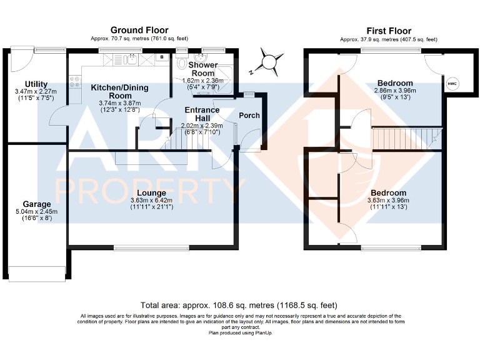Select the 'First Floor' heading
(388, 30)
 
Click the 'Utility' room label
(36, 84)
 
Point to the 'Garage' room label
(37, 204)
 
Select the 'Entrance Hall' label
(201, 114)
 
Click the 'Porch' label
(249, 115)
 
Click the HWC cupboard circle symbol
(452, 84)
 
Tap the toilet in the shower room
(182, 62)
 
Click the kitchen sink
(129, 60)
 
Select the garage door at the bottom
(37, 272)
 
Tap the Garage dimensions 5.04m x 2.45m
(37, 212)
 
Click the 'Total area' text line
(239, 306)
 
